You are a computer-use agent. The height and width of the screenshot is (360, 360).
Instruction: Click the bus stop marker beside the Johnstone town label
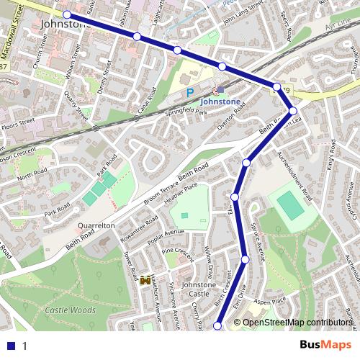[x=67, y=14]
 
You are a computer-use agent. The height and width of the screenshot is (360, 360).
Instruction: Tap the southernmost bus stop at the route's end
[x=217, y=326]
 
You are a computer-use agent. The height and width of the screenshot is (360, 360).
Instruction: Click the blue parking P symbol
[x=190, y=92]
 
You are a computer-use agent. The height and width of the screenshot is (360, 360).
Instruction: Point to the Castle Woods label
[x=70, y=310]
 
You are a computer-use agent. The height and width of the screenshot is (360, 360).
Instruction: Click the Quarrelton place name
[x=96, y=225]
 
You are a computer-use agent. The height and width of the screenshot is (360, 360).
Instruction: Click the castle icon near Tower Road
[x=145, y=279]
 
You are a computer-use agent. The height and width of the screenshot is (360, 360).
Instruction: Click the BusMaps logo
[x=325, y=345]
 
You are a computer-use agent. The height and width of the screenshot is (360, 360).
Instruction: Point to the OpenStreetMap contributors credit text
[x=297, y=322]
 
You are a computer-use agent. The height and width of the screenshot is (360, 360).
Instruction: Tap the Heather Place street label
[x=181, y=195]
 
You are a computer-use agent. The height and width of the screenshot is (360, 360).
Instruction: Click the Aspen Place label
[x=270, y=301]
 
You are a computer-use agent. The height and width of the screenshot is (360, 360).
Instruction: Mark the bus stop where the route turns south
[x=292, y=110]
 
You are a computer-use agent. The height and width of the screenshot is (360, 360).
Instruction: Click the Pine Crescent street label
[x=178, y=252]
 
